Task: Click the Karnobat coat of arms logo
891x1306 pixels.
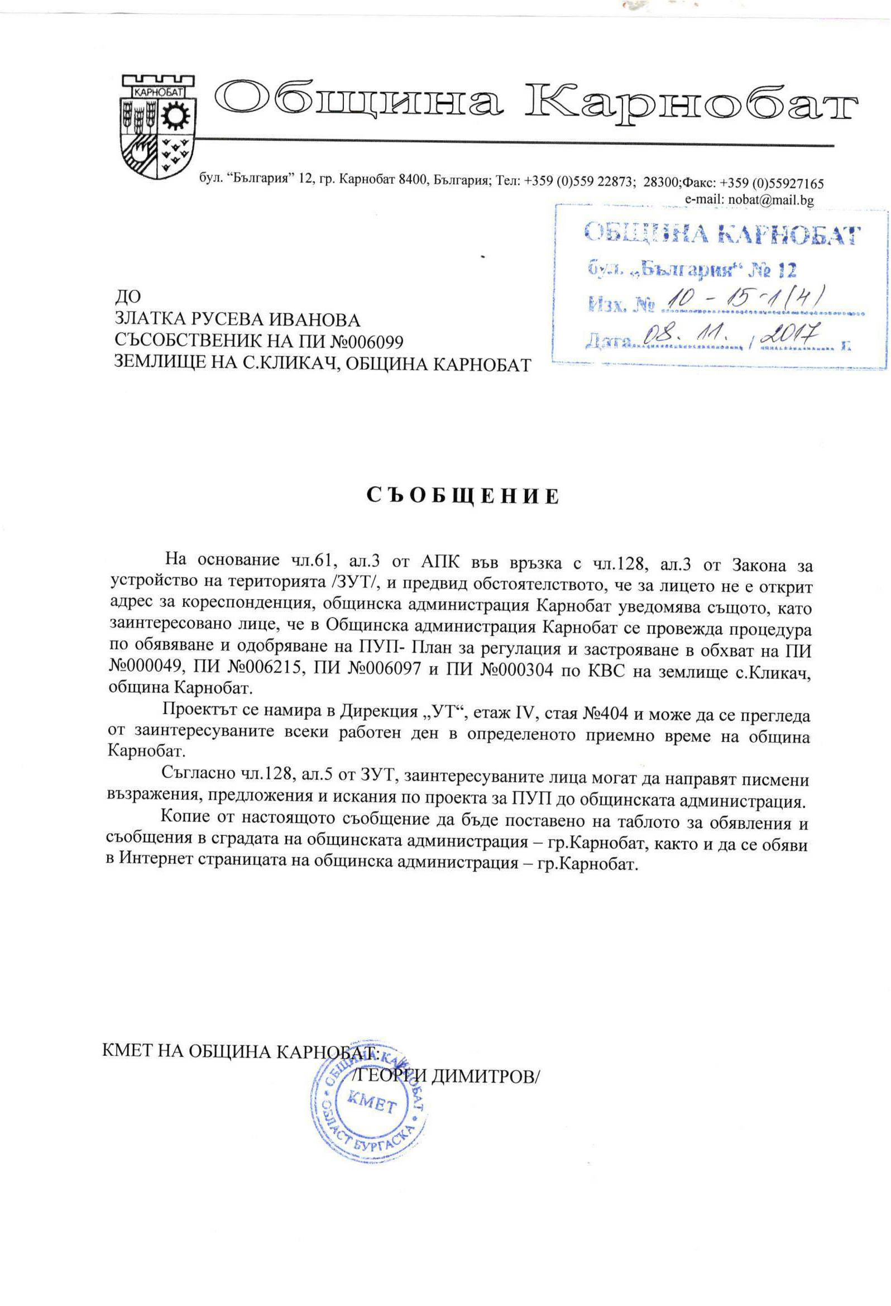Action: click(x=158, y=124)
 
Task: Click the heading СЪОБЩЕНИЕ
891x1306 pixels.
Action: click(x=463, y=496)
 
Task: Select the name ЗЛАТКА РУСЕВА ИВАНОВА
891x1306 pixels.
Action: click(x=237, y=320)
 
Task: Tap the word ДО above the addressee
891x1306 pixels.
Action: click(x=127, y=296)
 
